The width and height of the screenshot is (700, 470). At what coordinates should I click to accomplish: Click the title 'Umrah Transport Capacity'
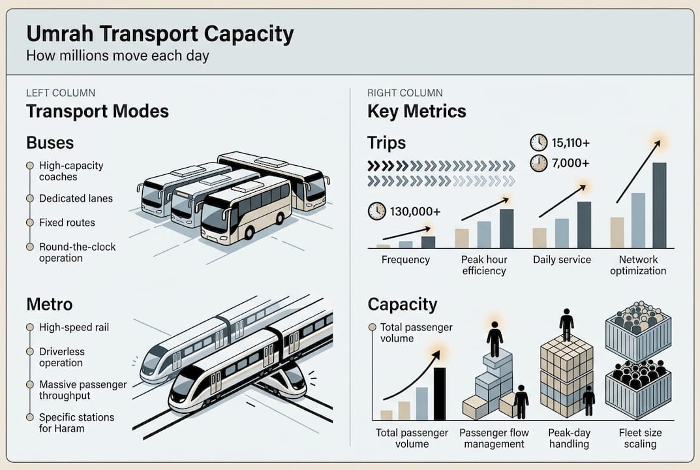160,33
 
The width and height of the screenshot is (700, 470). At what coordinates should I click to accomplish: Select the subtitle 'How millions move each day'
117,55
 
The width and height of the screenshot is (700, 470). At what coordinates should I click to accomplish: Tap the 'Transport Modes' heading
97,111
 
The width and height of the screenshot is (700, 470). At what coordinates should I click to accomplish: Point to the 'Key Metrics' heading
416,111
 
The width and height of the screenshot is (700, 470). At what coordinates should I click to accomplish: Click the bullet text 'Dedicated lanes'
76,198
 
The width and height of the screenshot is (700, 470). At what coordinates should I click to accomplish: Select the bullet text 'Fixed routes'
67,223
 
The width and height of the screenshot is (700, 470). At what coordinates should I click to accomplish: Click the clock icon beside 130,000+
377,211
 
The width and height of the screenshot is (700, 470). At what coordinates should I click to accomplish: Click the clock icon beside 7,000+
539,163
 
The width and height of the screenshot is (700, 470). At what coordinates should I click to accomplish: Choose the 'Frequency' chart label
405,260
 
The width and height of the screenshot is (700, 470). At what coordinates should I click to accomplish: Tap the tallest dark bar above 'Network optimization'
659,205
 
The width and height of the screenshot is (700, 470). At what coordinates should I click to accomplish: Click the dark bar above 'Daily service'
584,225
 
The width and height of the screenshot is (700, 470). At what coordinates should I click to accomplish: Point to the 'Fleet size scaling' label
640,438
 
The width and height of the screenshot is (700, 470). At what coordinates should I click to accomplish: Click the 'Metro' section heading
49,304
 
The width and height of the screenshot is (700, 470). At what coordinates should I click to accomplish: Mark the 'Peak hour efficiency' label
484,265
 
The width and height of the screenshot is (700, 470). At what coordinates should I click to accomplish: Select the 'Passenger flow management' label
494,438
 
